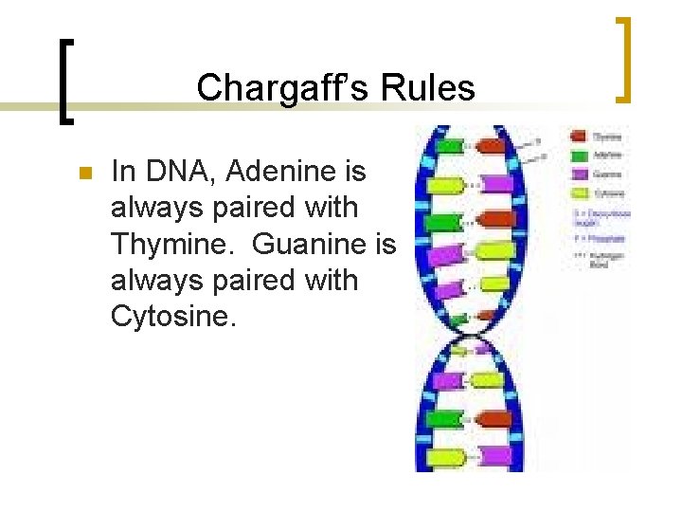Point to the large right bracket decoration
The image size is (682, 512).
point(623,59)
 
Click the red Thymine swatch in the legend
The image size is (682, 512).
point(579,137)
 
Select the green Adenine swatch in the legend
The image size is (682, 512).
point(579,155)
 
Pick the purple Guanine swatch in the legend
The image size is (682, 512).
point(579,174)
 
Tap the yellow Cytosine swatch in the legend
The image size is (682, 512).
point(579,192)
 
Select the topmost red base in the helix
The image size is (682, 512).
point(490,147)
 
